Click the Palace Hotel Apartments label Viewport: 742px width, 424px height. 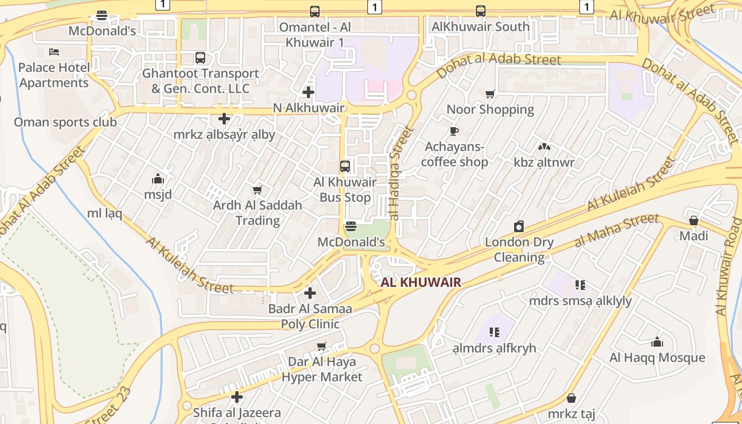pos(54,75)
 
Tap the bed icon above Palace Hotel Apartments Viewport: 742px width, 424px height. pos(54,52)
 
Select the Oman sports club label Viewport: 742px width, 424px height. pos(65,122)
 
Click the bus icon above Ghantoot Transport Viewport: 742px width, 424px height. pos(200,58)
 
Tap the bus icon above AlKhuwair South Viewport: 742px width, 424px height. pos(481,11)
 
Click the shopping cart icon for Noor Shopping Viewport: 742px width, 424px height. pos(490,94)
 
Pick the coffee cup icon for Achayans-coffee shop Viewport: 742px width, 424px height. pos(454,131)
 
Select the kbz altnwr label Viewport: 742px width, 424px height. pos(544,162)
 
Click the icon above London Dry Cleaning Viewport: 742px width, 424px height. pos(519,226)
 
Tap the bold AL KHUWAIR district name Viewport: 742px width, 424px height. pos(421,282)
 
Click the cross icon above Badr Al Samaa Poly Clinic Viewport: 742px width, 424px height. pos(310,293)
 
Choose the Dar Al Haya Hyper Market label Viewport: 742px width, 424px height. pos(322,369)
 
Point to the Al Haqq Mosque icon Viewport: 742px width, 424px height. pos(657,342)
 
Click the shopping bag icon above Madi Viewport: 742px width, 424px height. pos(694,220)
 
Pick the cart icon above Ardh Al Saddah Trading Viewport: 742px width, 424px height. pos(258,190)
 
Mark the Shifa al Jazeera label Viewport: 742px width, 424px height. pos(237,412)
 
